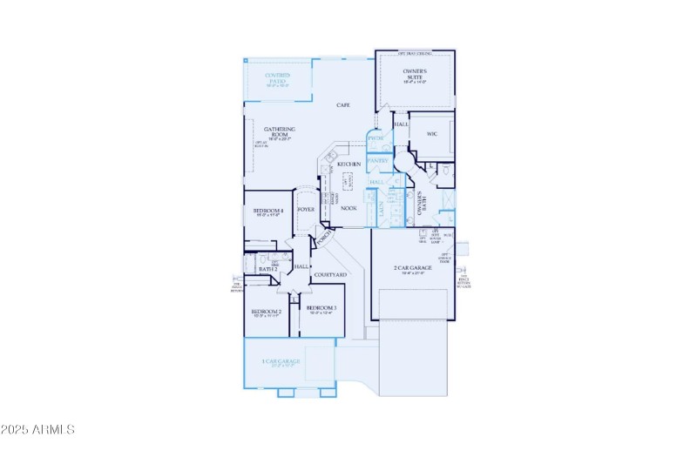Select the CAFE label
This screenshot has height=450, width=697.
tap(343, 105)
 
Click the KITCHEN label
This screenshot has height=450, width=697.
tap(348, 165)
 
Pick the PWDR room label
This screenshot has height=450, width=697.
tap(376, 139)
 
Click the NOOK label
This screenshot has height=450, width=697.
tap(348, 208)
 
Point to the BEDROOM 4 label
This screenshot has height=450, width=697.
tap(268, 212)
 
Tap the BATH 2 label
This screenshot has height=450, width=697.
tap(267, 270)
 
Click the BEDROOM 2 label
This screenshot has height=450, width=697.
tap(266, 312)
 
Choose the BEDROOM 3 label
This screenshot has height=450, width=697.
tap(321, 308)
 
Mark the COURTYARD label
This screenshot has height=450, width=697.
tap(330, 275)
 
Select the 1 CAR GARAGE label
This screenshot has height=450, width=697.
tap(281, 361)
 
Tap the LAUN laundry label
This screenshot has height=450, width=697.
tap(381, 209)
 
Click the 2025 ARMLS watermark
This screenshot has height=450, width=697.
tap(39, 430)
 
